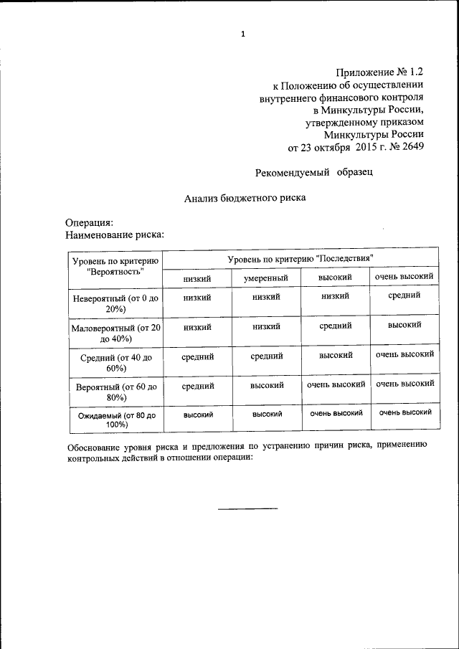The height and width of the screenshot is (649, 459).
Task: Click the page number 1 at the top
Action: pos(243,34)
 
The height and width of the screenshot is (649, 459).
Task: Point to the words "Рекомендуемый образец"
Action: pos(314,172)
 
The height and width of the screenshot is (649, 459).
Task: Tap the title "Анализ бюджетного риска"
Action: pos(245,198)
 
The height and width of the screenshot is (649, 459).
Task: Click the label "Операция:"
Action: pos(89,223)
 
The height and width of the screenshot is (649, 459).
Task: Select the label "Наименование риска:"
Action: pos(115,234)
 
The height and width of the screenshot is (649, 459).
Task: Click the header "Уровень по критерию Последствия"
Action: pos(301,257)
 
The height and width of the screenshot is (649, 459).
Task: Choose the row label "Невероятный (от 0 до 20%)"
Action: pos(115,302)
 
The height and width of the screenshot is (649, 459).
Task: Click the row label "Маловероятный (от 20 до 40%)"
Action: pos(115,333)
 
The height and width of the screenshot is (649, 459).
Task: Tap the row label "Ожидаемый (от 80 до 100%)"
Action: pos(115,420)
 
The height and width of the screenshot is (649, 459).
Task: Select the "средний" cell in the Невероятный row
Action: pos(404,295)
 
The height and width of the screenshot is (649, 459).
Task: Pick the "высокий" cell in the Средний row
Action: pos(335,355)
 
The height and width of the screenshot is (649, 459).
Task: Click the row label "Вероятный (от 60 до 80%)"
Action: pos(115,392)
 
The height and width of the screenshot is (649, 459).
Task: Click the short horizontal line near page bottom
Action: pos(247,508)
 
